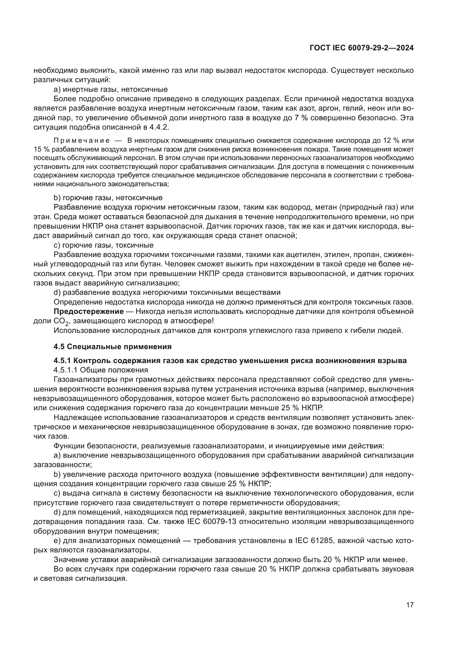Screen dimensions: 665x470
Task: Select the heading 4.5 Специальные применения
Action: click(113, 347)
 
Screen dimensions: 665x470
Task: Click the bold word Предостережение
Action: click(89, 311)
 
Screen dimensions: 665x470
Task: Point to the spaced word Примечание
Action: click(82, 141)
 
